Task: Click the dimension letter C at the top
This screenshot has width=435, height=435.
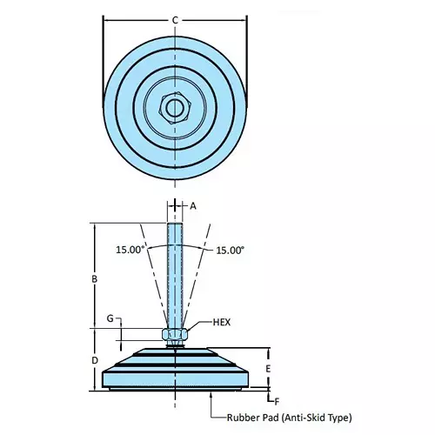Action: pyautogui.click(x=175, y=19)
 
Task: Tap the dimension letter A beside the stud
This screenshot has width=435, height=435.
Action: pyautogui.click(x=194, y=206)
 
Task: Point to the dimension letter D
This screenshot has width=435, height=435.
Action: pyautogui.click(x=94, y=359)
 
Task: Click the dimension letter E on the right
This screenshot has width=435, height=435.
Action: pyautogui.click(x=268, y=369)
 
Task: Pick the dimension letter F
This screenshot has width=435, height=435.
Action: pyautogui.click(x=276, y=400)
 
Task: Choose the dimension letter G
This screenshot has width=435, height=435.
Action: pyautogui.click(x=110, y=320)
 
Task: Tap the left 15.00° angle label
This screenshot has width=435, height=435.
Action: pyautogui.click(x=130, y=250)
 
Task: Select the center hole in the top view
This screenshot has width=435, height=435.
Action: pyautogui.click(x=175, y=109)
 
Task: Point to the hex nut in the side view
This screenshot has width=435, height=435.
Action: pyautogui.click(x=175, y=333)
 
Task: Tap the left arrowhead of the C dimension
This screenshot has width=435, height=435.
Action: pyautogui.click(x=106, y=19)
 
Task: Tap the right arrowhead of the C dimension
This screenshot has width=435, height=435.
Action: pyautogui.click(x=244, y=19)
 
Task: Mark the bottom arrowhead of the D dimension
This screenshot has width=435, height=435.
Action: pyautogui.click(x=94, y=389)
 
